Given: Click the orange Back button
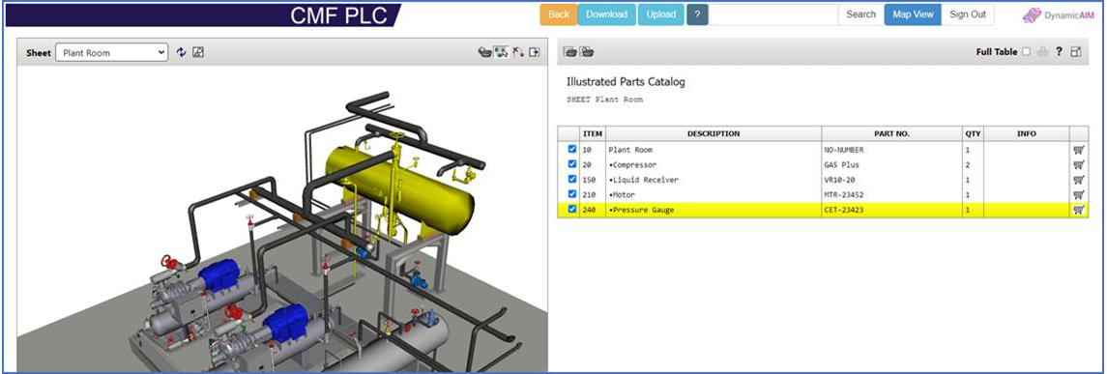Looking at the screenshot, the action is [x=559, y=14].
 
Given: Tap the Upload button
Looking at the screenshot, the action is [x=660, y=14].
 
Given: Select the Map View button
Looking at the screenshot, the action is [x=913, y=14].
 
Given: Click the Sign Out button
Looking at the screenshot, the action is [x=967, y=14].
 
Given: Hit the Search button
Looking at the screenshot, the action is [x=860, y=14].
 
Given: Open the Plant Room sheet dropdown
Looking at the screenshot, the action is [x=111, y=52].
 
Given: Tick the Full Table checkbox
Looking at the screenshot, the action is [x=1026, y=52].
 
